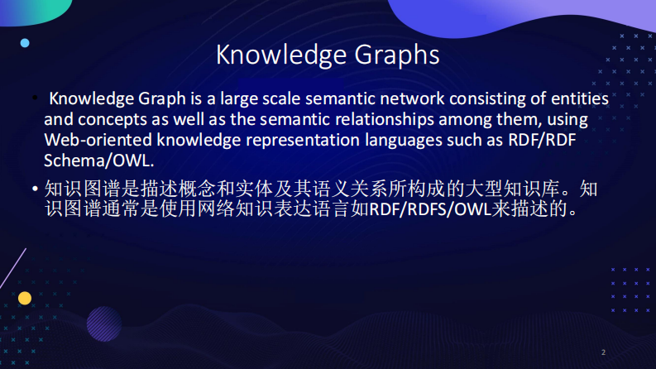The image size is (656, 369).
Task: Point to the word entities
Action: (576, 99)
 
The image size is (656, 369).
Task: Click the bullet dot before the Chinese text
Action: (36, 189)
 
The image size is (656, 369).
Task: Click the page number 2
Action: (603, 352)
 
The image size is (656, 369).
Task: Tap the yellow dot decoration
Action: (25, 298)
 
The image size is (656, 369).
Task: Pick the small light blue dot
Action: (25, 43)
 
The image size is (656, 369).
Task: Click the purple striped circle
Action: (104, 323)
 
